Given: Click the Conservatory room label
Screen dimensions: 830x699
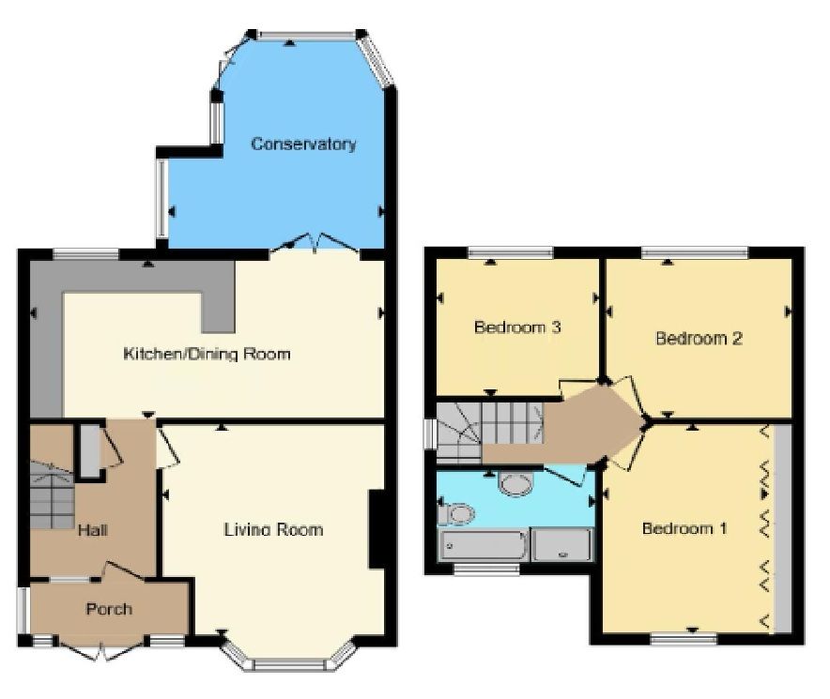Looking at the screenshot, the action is (303, 144).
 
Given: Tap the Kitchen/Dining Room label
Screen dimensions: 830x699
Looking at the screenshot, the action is (207, 354).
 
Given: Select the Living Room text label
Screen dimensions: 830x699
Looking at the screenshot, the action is (273, 529).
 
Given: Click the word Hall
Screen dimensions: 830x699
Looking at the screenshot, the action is (93, 530).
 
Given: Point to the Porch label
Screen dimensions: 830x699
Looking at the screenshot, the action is (109, 609).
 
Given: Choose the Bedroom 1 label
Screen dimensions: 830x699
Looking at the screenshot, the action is (684, 528).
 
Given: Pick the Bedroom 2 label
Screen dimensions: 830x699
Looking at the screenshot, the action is (699, 338).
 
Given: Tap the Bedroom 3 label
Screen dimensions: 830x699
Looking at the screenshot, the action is (517, 327).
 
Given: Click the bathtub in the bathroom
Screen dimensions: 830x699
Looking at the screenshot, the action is (483, 545).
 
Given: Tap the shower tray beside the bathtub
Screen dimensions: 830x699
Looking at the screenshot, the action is (562, 545).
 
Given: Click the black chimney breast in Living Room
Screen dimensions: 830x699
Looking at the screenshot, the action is (377, 529).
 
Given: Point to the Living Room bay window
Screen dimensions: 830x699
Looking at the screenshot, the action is (288, 658).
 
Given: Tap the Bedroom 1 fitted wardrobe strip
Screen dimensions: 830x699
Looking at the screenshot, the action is (782, 528).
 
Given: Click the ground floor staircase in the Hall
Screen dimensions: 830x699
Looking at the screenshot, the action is (52, 494).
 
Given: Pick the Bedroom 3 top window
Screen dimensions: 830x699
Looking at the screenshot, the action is (510, 253).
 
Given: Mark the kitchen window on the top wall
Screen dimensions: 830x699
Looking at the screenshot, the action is (86, 254).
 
